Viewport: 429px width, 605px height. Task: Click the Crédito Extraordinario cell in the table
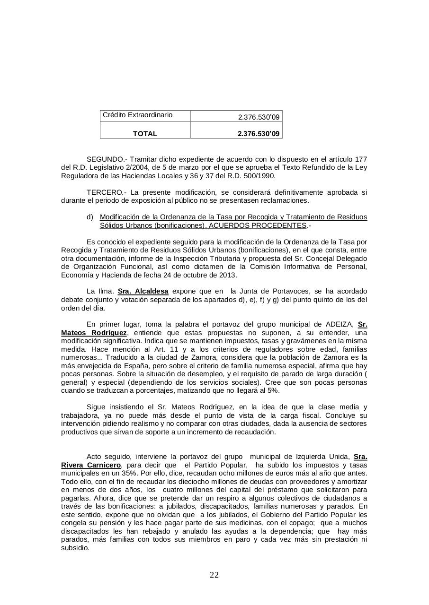(x=137, y=115)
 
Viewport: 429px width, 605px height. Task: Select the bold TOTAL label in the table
(x=145, y=134)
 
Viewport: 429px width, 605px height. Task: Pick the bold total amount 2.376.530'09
(x=259, y=134)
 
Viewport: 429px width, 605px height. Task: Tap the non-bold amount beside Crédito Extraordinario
(x=259, y=117)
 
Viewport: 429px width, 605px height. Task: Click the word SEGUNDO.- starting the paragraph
(x=107, y=159)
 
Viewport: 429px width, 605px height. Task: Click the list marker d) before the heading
(x=89, y=217)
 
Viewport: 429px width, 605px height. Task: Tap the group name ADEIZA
(x=340, y=324)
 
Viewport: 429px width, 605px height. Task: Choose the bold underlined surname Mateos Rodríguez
(x=94, y=333)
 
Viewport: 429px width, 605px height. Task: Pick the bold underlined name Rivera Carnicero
(x=91, y=465)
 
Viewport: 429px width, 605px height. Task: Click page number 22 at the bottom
(x=214, y=575)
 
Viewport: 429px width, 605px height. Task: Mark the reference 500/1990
(x=259, y=176)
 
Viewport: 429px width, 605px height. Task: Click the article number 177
(x=361, y=159)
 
